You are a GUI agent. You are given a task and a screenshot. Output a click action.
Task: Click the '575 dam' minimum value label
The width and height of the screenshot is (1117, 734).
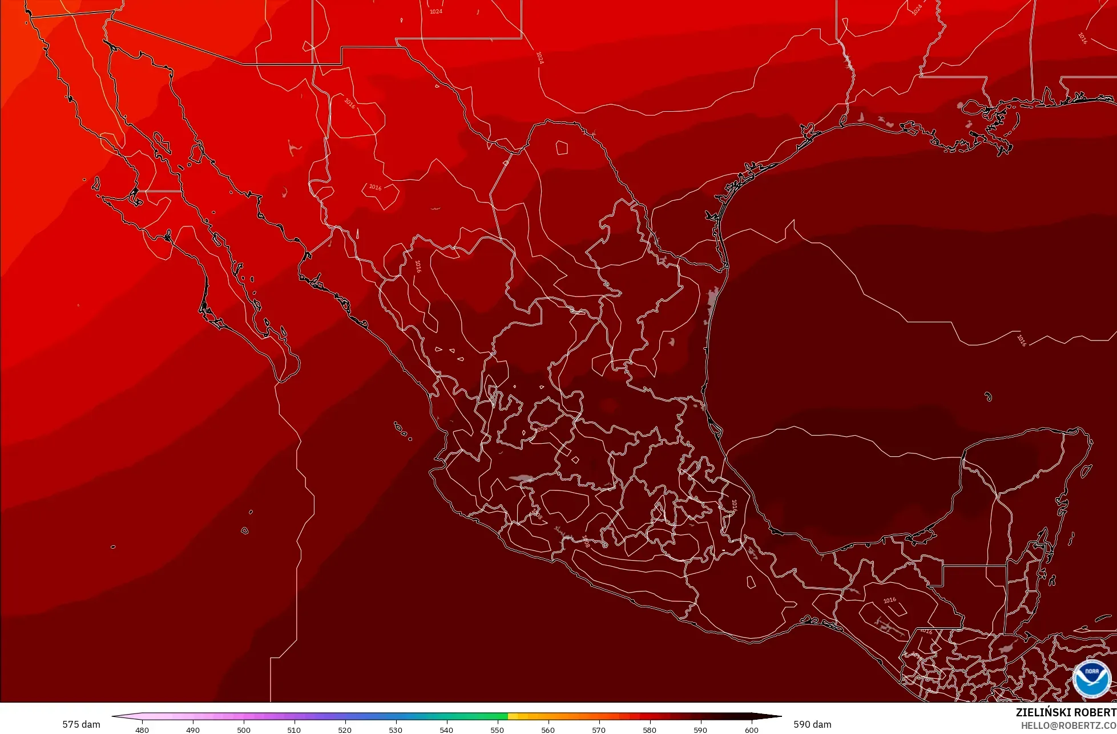coord(81,724)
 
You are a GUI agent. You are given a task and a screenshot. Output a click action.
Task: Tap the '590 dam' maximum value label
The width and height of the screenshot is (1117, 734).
coord(812,724)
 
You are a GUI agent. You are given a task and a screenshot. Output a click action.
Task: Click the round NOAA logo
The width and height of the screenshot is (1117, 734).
coord(1091,679)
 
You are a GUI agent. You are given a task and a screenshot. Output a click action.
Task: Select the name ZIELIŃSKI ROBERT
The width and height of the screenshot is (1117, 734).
coord(1066,712)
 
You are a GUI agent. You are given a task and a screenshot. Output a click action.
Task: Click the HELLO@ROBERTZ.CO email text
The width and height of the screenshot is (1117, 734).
coord(1068,725)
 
